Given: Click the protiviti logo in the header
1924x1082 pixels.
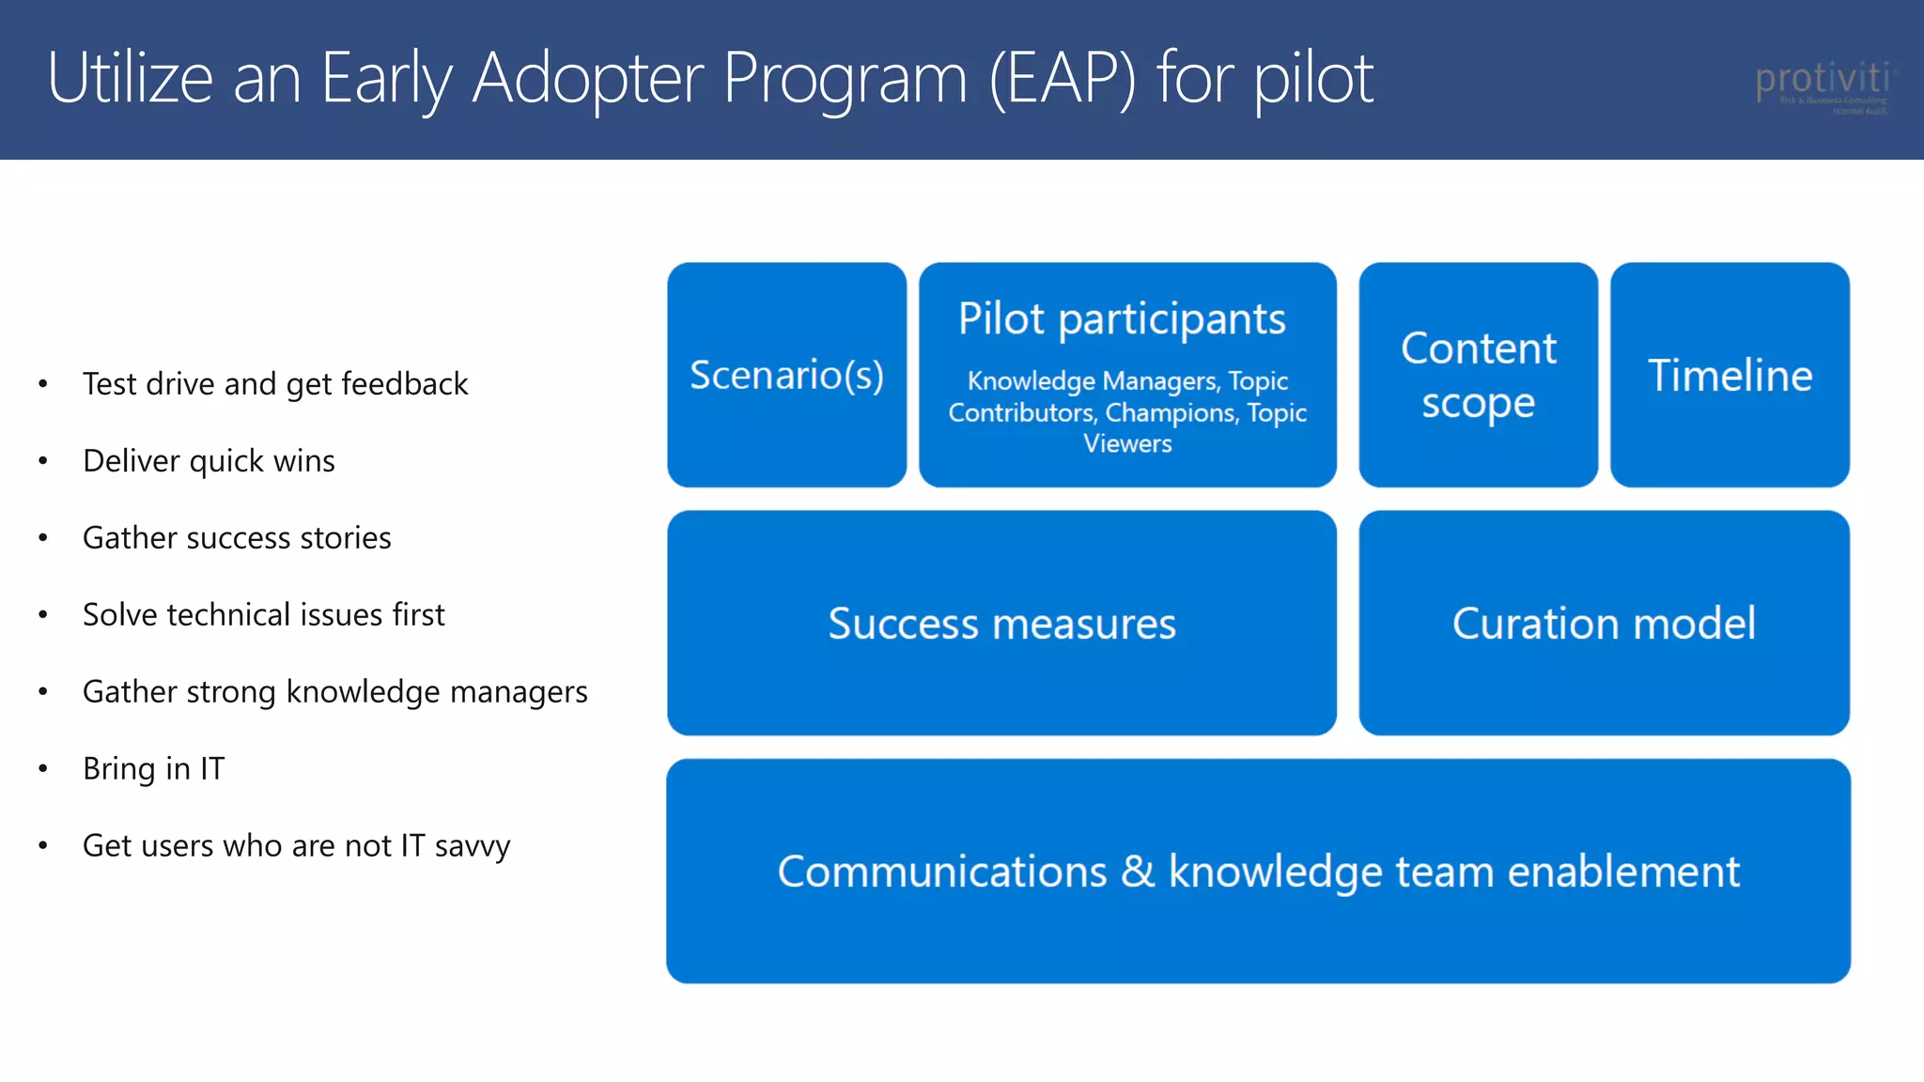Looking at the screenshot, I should (1823, 85).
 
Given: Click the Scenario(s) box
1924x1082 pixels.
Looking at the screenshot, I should (786, 375).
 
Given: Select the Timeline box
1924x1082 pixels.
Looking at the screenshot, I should (1730, 375).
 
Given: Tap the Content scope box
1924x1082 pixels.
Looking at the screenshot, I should (1478, 375).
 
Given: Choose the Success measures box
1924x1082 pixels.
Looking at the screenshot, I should (1001, 624).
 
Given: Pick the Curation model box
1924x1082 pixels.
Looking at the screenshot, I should (1604, 624).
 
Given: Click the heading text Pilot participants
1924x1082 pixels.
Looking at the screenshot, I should (1122, 318).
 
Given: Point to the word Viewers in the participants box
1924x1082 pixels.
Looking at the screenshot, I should (1127, 443).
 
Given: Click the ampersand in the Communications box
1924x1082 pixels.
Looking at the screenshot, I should (1137, 871).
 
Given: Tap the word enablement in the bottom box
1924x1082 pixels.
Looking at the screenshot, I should (1623, 871).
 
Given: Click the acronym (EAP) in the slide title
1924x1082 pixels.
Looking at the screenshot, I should (1062, 79).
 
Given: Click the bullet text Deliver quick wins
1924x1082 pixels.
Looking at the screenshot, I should (209, 461).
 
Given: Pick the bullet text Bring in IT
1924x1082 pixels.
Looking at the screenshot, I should (153, 768).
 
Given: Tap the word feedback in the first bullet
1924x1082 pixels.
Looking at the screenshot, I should (404, 384).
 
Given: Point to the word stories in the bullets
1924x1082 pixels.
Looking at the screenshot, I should (345, 538).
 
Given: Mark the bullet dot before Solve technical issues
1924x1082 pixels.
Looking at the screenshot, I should (43, 615).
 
